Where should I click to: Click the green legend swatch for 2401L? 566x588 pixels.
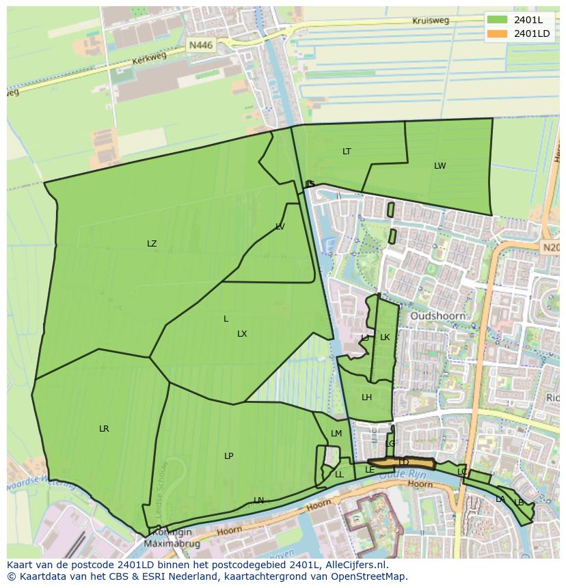click(497, 20)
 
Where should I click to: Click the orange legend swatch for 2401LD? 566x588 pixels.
click(497, 33)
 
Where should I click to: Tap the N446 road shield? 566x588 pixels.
click(201, 45)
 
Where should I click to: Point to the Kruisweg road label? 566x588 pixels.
click(431, 20)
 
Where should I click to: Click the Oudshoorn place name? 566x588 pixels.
click(437, 316)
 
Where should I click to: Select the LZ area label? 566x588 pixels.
click(152, 244)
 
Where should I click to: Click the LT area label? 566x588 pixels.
click(347, 152)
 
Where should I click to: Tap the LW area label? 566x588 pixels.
click(440, 166)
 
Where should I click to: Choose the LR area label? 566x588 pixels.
click(104, 429)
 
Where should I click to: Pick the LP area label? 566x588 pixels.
click(229, 456)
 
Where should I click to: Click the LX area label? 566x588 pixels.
click(242, 334)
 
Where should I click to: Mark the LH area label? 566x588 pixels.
click(367, 397)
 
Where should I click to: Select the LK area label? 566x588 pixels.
click(385, 337)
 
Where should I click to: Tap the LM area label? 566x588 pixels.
click(336, 434)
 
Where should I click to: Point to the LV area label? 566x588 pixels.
click(280, 227)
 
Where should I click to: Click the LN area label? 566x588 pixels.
click(258, 501)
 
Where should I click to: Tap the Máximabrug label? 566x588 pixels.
click(168, 544)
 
